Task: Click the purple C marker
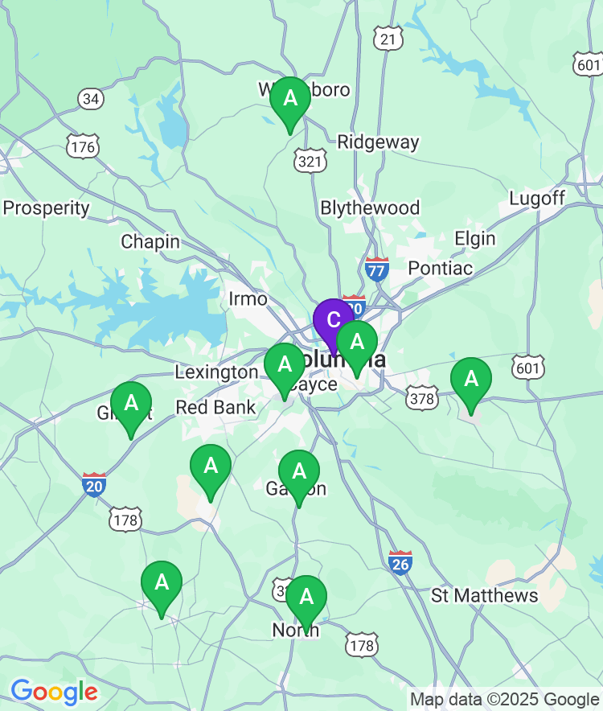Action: [x=333, y=319]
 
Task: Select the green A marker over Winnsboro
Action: [x=290, y=100]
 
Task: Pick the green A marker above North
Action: [x=306, y=598]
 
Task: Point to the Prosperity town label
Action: [x=47, y=208]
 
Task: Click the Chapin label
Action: [x=150, y=241]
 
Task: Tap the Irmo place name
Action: [x=248, y=299]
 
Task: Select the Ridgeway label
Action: [x=378, y=142]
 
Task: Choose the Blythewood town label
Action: [x=370, y=208]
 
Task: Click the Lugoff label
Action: [x=537, y=198]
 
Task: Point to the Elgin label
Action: [x=474, y=239]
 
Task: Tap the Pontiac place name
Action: [x=441, y=268]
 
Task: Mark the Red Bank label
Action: [x=215, y=407]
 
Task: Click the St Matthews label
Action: [x=485, y=595]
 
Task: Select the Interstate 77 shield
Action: [x=376, y=269]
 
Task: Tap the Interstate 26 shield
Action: [x=400, y=562]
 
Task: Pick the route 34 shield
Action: [x=91, y=99]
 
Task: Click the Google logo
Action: [x=54, y=692]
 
